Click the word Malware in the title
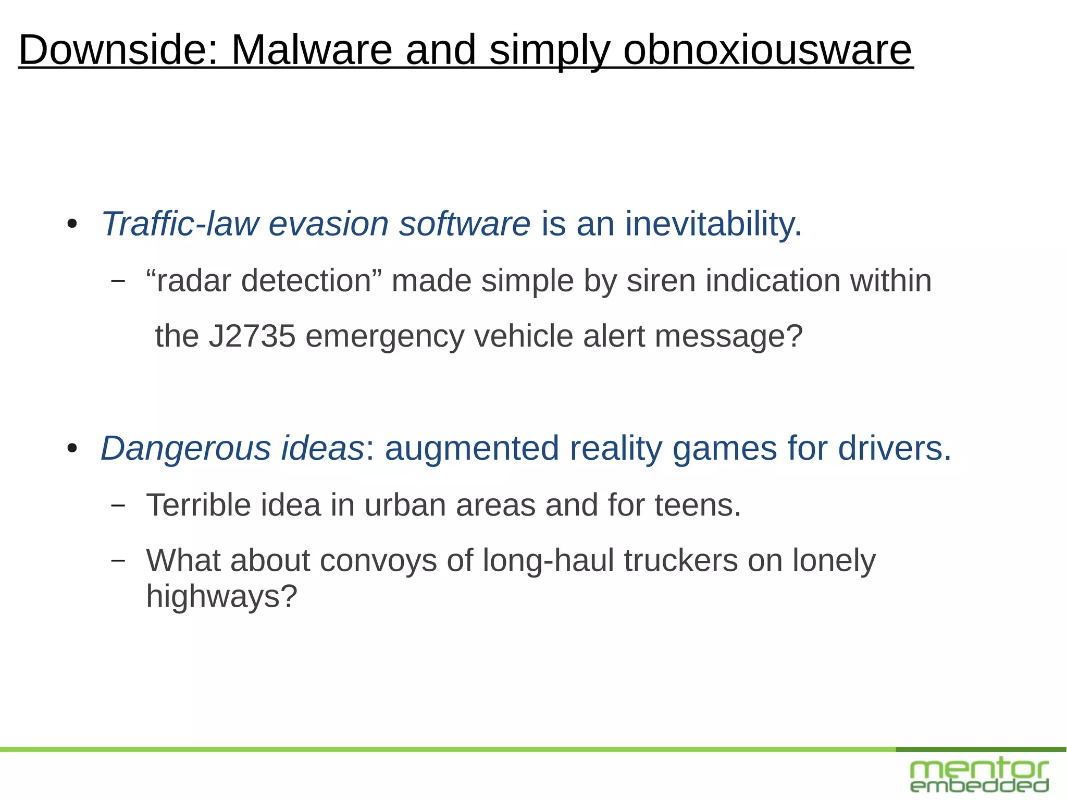pyautogui.click(x=311, y=50)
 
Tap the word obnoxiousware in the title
pyautogui.click(x=767, y=50)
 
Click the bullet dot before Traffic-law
pyautogui.click(x=72, y=225)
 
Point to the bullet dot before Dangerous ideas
pyautogui.click(x=72, y=449)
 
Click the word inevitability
pyautogui.click(x=713, y=224)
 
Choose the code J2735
pyautogui.click(x=252, y=336)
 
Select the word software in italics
pyautogui.click(x=465, y=224)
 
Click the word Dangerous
pyautogui.click(x=185, y=448)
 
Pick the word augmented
pyautogui.click(x=472, y=448)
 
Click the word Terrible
pyautogui.click(x=198, y=505)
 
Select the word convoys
pyautogui.click(x=378, y=561)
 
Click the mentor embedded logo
pyautogui.click(x=979, y=776)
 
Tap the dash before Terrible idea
pyautogui.click(x=118, y=505)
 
